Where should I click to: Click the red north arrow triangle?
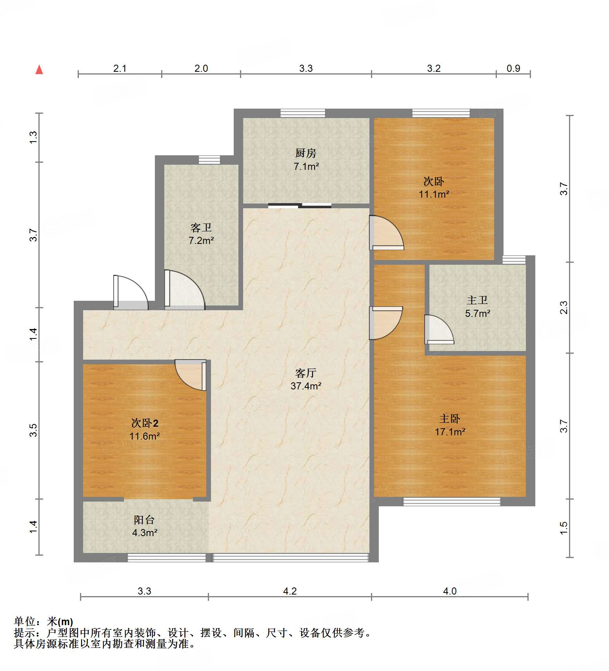click(x=39, y=70)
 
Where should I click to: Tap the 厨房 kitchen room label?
click(x=305, y=153)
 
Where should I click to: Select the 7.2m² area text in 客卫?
click(x=201, y=240)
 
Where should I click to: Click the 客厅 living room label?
click(x=305, y=373)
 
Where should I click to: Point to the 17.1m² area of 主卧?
click(x=450, y=432)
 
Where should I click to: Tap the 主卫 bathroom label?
click(x=477, y=300)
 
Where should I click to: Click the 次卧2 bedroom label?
click(x=145, y=423)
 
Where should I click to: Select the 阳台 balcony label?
click(x=144, y=520)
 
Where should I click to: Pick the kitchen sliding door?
click(x=300, y=205)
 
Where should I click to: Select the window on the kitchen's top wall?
click(x=303, y=113)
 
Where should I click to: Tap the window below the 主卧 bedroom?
click(x=452, y=502)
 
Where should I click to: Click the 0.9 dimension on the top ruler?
click(x=513, y=68)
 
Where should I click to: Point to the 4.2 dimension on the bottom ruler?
click(x=290, y=591)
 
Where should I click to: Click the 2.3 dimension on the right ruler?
click(x=564, y=307)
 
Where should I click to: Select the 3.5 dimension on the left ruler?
click(x=34, y=430)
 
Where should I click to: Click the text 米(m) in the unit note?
click(x=60, y=622)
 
